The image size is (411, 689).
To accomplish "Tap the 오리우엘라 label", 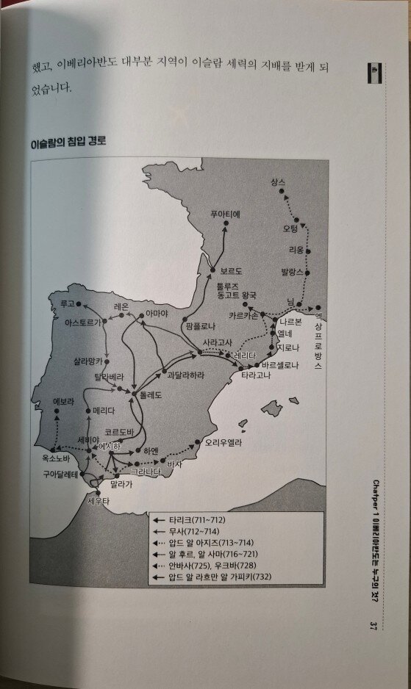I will tap(224, 442).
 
